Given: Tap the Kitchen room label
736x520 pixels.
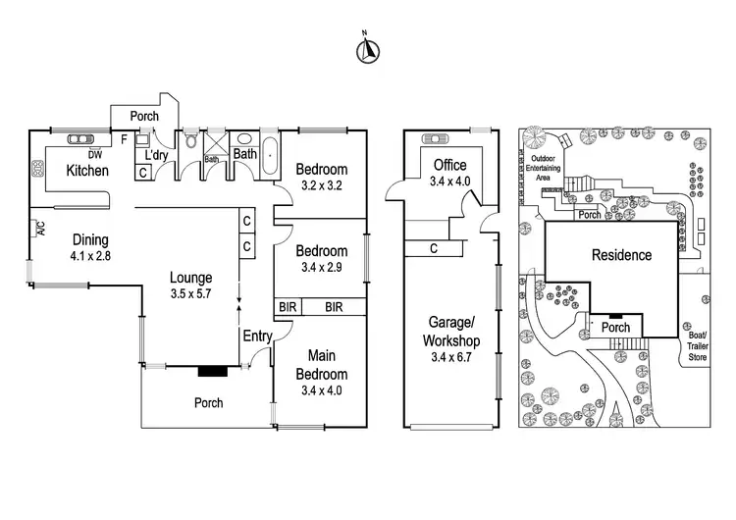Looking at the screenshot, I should click(x=87, y=172).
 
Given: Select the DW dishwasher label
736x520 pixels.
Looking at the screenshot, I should click(x=95, y=154).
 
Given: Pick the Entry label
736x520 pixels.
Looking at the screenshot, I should click(x=257, y=337).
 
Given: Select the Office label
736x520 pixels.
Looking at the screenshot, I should click(x=449, y=165).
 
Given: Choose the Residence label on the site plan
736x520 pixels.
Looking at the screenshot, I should click(x=621, y=255).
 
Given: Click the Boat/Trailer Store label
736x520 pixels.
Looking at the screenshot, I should click(x=698, y=346).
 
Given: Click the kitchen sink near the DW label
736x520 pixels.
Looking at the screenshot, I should click(x=79, y=139).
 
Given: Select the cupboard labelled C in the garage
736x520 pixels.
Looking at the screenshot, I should click(x=433, y=248).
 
